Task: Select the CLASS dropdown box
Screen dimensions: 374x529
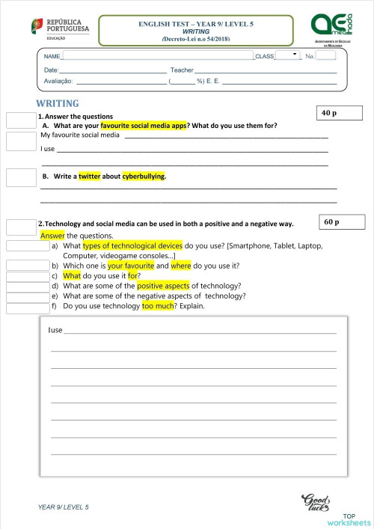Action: [286, 55]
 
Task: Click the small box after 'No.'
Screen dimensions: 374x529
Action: [325, 55]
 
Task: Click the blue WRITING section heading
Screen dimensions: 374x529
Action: [58, 103]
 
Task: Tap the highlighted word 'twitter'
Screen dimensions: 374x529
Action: [89, 177]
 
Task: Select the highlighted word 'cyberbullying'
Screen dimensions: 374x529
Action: [144, 177]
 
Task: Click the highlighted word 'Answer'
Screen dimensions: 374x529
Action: [53, 235]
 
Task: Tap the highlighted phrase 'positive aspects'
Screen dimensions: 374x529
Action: [163, 286]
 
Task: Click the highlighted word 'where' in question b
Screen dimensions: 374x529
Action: [181, 266]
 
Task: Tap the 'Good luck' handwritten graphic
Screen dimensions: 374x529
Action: [315, 502]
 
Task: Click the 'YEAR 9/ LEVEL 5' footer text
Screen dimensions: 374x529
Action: [64, 507]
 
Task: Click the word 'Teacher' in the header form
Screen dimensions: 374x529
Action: [182, 70]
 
